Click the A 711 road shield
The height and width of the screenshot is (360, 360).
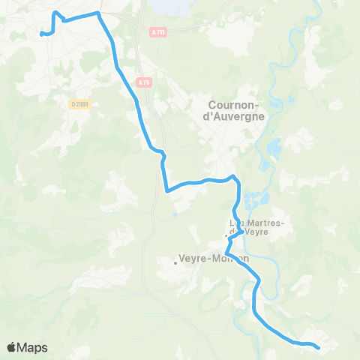[157, 31]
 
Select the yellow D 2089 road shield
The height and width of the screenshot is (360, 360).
[81, 104]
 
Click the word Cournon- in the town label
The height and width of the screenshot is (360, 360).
[236, 105]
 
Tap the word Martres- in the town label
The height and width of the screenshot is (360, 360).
[259, 223]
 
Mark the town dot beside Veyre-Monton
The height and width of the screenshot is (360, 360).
[175, 262]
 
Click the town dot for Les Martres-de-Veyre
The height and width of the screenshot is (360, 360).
[225, 236]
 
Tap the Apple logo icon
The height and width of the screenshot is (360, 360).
[12, 347]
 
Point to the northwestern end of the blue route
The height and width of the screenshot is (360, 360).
[40, 33]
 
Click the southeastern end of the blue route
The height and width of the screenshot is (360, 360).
[319, 347]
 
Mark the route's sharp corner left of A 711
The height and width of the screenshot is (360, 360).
[98, 13]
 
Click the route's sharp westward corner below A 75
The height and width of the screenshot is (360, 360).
[166, 191]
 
